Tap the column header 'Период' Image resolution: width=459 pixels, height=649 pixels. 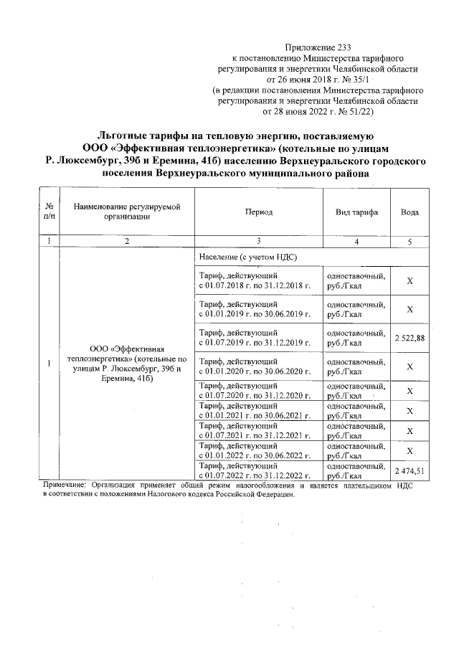(258, 213)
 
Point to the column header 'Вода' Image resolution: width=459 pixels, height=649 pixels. (410, 213)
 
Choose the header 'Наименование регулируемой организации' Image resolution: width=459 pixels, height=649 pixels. (126, 212)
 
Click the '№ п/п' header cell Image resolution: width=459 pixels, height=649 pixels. (48, 212)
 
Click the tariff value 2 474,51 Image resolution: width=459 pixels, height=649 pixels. (410, 470)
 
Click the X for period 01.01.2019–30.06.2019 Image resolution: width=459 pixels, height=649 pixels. (410, 309)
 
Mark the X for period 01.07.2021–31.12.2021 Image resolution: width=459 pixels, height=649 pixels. (410, 430)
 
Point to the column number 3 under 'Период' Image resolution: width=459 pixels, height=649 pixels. (258, 242)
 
